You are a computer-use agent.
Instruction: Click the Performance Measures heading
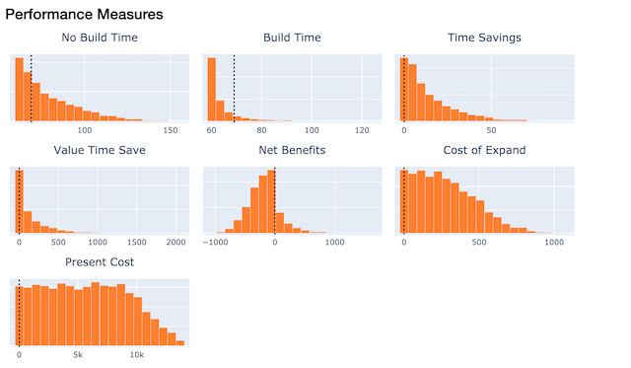click(84, 16)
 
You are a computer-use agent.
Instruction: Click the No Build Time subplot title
click(100, 38)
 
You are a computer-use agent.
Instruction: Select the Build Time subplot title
click(292, 38)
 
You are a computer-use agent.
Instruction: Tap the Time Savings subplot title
click(484, 38)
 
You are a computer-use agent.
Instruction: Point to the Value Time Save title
click(100, 150)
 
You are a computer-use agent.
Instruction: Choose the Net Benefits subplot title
click(292, 150)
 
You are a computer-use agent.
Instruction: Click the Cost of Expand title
click(484, 150)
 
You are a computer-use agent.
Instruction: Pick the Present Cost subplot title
click(100, 262)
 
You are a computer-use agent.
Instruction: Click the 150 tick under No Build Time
click(169, 130)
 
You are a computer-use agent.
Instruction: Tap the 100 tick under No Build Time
click(85, 130)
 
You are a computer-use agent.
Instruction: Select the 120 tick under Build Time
click(361, 130)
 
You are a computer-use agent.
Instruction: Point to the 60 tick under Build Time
click(211, 130)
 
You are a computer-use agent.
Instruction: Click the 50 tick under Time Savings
click(490, 130)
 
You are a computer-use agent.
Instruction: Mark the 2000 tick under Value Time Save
click(176, 242)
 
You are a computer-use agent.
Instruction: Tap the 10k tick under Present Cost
click(137, 354)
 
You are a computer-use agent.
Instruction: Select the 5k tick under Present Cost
click(78, 354)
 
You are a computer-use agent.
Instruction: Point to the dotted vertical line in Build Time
click(234, 89)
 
